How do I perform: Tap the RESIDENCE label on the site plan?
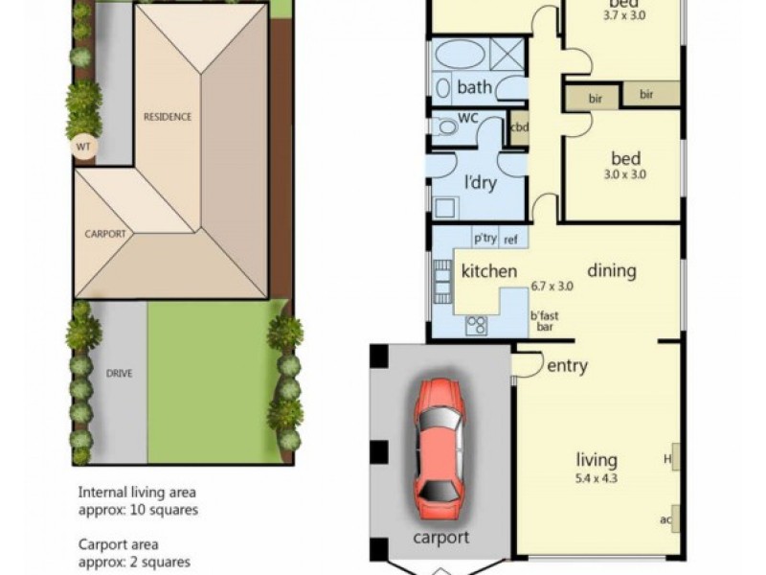(168, 117)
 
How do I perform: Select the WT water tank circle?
(82, 147)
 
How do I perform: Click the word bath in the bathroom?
(474, 88)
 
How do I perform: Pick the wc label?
(468, 118)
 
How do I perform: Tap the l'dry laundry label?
(481, 183)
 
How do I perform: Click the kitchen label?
(489, 271)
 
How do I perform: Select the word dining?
(611, 270)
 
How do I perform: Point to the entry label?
(567, 365)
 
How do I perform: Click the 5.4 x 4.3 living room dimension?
(597, 477)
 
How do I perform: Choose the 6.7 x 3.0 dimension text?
(552, 286)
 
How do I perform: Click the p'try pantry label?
(485, 239)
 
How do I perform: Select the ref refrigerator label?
(510, 239)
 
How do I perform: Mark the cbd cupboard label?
(519, 127)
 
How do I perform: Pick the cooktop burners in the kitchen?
(476, 326)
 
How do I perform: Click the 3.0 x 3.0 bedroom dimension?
(624, 174)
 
